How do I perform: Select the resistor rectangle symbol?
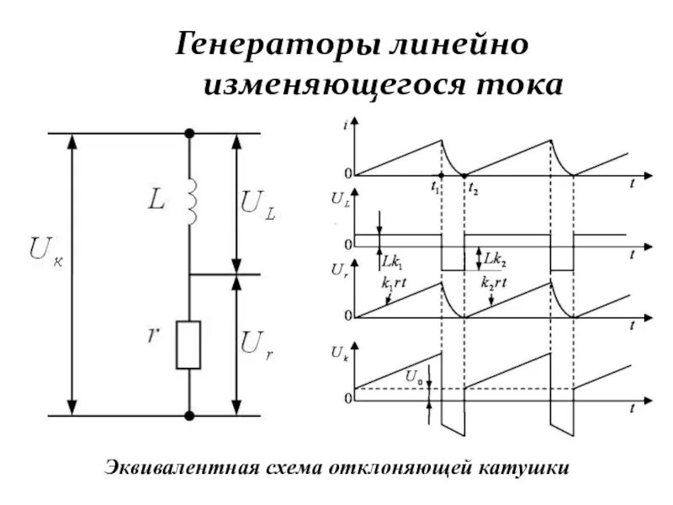[188, 344]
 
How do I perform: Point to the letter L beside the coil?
[157, 200]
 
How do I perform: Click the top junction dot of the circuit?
[189, 133]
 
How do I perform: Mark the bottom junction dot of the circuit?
[189, 416]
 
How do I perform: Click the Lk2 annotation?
[495, 257]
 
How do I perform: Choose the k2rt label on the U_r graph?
[494, 284]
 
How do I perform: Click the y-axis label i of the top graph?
[347, 125]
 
